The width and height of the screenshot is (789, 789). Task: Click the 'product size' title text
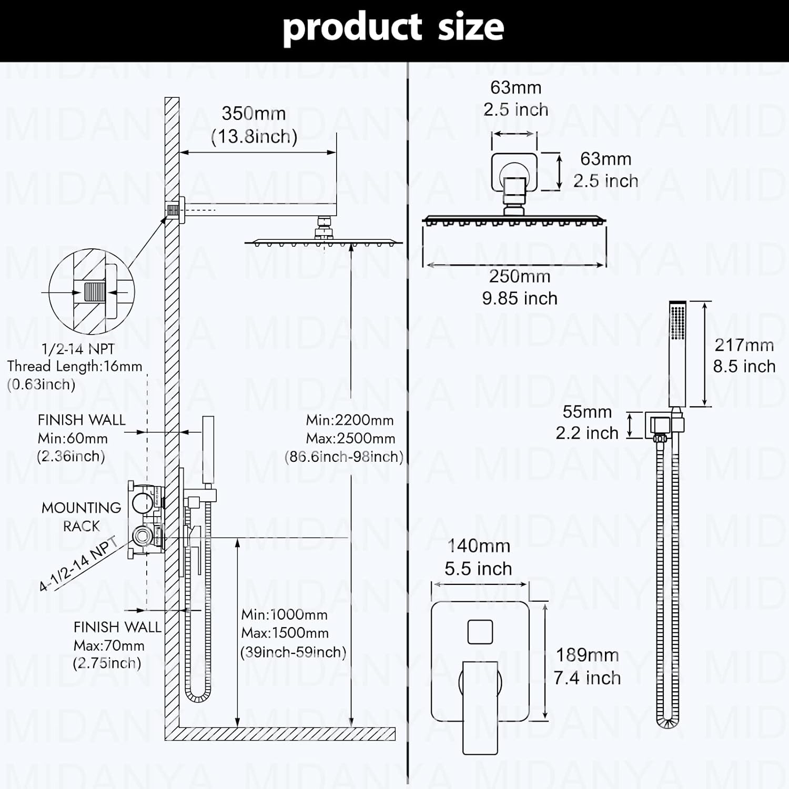[x=393, y=27]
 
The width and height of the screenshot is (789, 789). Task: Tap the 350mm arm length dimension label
[x=254, y=114]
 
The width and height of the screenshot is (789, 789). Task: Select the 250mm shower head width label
[x=519, y=276]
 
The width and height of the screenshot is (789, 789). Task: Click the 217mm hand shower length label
[x=744, y=345]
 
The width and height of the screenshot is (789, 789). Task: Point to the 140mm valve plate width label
[x=479, y=546]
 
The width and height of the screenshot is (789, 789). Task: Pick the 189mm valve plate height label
[x=587, y=655]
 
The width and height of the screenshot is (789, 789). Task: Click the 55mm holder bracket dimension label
[x=587, y=411]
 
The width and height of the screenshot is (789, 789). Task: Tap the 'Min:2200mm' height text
[x=350, y=420]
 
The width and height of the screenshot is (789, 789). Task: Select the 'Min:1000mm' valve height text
[x=284, y=614]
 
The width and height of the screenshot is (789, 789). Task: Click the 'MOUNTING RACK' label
[x=81, y=517]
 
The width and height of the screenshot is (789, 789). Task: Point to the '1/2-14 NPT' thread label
[x=78, y=349]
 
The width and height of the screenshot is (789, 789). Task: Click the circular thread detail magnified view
[x=92, y=291]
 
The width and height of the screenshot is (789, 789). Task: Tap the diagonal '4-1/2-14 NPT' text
[x=79, y=564]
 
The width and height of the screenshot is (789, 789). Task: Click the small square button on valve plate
[x=480, y=631]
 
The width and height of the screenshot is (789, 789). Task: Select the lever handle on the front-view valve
[x=480, y=705]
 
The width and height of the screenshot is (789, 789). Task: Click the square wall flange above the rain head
[x=514, y=172]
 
